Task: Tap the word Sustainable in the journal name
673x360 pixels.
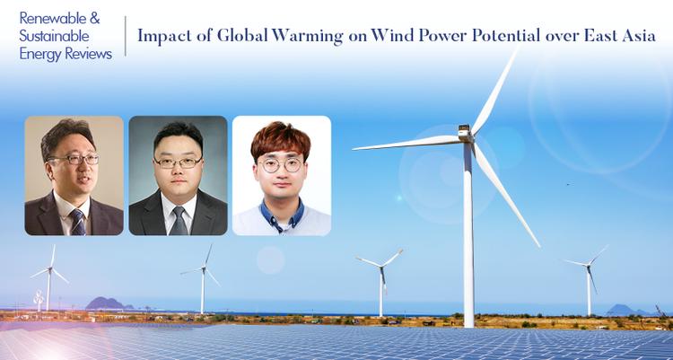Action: click(x=56, y=36)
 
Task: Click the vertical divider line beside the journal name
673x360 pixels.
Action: click(x=126, y=36)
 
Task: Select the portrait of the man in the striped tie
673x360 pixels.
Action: click(x=74, y=175)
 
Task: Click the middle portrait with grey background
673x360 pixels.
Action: click(x=178, y=175)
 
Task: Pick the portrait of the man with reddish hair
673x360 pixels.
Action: click(x=282, y=175)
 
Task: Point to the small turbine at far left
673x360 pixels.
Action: click(x=48, y=278)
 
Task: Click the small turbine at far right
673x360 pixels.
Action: click(x=590, y=278)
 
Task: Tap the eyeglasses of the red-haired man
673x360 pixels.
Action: click(x=280, y=165)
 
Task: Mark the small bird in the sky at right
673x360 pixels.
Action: click(x=567, y=184)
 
